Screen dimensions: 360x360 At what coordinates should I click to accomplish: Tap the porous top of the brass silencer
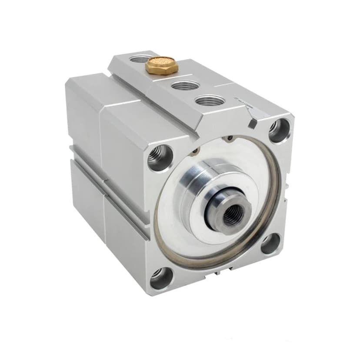click(x=158, y=63)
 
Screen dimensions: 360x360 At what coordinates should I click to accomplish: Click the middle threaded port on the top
click(x=182, y=85)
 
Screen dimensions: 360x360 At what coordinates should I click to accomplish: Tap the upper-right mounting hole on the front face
click(x=277, y=130)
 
